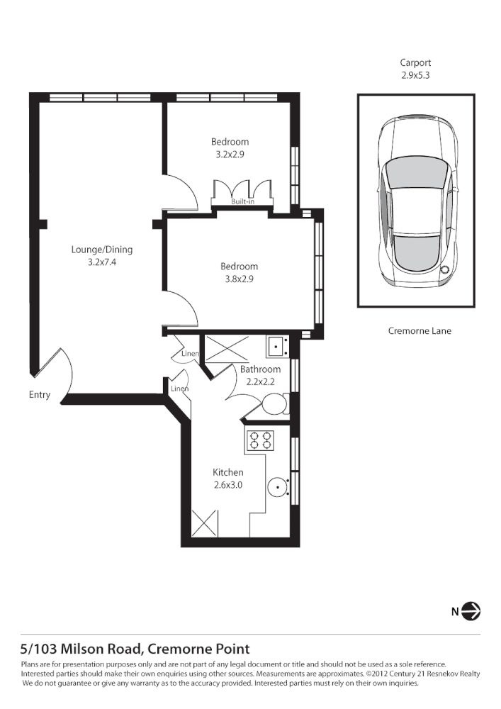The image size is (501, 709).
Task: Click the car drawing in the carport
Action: (415, 201)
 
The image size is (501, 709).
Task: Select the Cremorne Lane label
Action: (420, 330)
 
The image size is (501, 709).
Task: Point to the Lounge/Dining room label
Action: (101, 250)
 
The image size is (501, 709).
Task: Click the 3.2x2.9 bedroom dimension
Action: (230, 153)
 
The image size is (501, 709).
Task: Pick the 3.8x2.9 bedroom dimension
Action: (239, 279)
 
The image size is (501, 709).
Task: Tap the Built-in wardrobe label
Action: (243, 202)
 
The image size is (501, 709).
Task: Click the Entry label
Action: (40, 395)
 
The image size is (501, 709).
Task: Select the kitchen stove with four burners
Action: (260, 440)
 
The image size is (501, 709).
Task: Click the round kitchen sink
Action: (278, 486)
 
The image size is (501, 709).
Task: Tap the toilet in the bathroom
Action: (272, 405)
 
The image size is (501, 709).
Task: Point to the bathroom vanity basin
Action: (277, 347)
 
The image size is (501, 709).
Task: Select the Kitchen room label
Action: (228, 472)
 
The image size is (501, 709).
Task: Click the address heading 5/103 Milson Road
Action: (135, 648)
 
